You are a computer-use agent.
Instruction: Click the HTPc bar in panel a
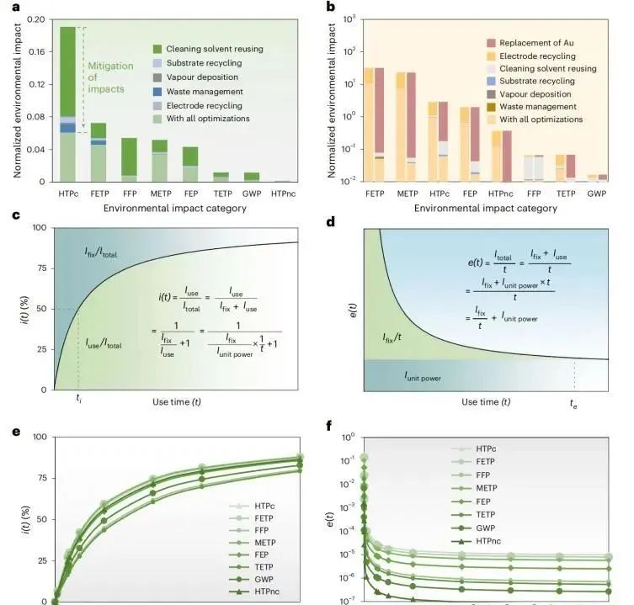[68, 104]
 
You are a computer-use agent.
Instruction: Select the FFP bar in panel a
[129, 160]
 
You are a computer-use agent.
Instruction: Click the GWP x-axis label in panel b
[596, 193]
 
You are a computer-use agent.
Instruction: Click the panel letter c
[15, 216]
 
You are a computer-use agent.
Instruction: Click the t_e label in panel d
[573, 404]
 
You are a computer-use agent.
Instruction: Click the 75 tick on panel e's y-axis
[39, 478]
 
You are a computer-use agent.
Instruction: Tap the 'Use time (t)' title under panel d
[486, 402]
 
